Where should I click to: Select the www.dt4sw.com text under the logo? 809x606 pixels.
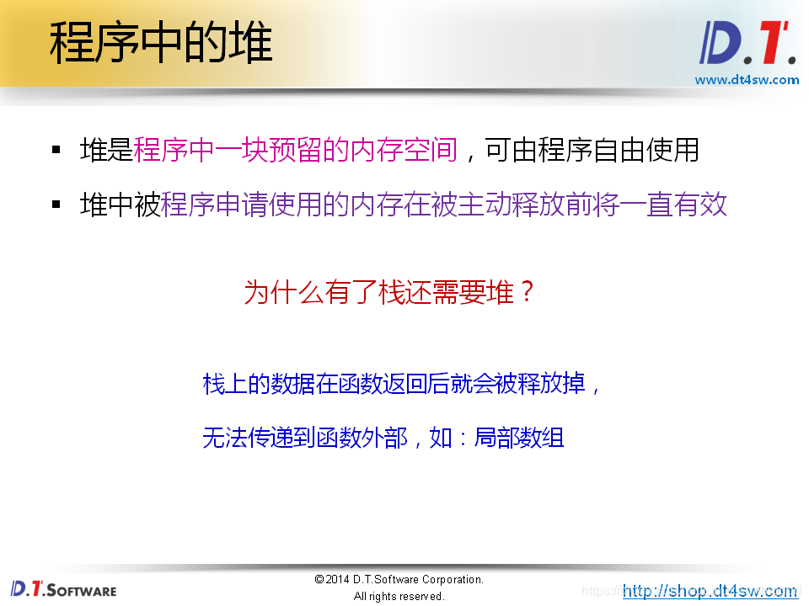coord(747,80)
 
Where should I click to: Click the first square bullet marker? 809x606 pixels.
coord(56,151)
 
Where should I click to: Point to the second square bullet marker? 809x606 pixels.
coord(56,205)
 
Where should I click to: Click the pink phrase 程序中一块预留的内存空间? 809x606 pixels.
coord(296,151)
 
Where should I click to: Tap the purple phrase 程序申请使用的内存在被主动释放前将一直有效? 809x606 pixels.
coord(444,205)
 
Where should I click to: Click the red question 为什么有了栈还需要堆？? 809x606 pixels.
coord(389,293)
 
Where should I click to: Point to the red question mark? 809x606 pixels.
coord(527,293)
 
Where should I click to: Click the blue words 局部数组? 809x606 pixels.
coord(519,438)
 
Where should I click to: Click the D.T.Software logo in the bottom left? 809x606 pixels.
coord(63,588)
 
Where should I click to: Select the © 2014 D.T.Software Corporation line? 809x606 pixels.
coord(399,579)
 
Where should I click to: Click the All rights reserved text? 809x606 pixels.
coord(399,596)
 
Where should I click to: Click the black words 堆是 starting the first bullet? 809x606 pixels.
coord(107,151)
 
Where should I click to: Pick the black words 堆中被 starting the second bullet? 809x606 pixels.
coord(121,205)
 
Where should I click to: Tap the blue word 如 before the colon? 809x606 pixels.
coord(441,438)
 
